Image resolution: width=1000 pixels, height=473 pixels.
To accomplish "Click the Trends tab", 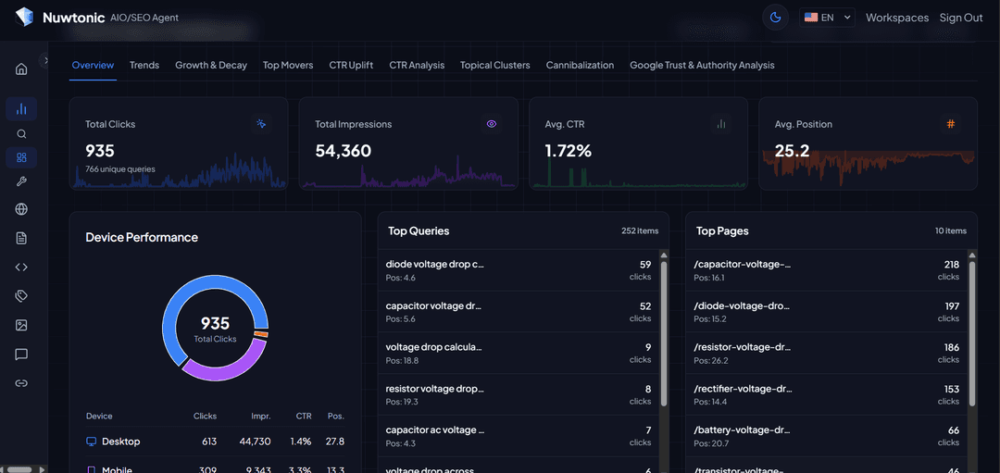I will (x=144, y=65).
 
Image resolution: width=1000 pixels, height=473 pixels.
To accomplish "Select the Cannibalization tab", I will (x=580, y=65).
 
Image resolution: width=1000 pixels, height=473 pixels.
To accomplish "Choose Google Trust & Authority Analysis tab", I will (x=702, y=65).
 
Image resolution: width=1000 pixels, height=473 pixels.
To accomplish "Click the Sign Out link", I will (x=961, y=18).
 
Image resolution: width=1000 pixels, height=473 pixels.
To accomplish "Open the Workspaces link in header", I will (x=896, y=18).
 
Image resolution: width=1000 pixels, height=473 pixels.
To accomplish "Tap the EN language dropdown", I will (x=827, y=18).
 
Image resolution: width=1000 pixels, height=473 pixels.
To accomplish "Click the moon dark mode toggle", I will (x=776, y=18).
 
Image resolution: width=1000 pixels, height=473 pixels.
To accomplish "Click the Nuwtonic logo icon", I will (x=24, y=18).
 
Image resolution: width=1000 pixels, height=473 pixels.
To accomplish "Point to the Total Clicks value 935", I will (x=100, y=151).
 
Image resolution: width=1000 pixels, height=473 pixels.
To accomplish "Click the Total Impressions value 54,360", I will (x=343, y=151).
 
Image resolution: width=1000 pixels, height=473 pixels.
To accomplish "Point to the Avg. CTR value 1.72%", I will (x=568, y=151).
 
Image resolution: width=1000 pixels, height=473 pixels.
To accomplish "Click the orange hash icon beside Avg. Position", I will (x=951, y=124).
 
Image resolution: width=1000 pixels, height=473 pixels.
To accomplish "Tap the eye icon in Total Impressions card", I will (x=492, y=124).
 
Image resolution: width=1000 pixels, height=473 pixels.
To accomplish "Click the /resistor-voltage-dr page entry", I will (x=743, y=347).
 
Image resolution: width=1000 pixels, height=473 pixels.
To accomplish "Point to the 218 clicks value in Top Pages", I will (x=952, y=264).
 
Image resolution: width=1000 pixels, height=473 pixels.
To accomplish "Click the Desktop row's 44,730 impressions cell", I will (x=255, y=442).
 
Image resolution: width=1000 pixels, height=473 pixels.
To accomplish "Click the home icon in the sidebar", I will (x=21, y=68).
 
